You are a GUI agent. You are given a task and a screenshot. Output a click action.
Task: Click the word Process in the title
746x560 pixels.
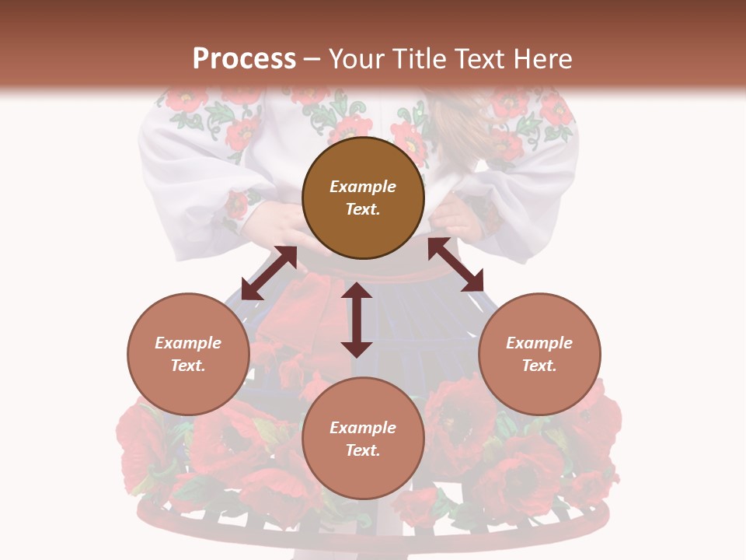[244, 59]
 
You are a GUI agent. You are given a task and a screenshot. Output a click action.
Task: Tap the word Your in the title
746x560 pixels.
[358, 59]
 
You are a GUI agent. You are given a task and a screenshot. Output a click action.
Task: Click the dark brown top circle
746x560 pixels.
[363, 156]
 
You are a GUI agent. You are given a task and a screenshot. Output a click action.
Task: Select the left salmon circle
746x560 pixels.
[188, 389]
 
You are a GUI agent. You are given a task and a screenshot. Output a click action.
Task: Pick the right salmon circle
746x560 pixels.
[539, 389]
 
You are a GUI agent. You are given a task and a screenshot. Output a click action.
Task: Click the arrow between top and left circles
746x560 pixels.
[269, 273]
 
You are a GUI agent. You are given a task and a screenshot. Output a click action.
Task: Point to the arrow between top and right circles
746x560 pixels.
[455, 264]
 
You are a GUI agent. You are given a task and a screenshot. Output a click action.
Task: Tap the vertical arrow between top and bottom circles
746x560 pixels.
[357, 320]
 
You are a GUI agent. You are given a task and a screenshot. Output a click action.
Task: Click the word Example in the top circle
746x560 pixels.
[363, 187]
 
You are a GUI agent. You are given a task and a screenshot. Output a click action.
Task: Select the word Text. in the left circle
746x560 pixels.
[188, 366]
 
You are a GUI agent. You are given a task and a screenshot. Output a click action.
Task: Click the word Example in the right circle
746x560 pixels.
[539, 343]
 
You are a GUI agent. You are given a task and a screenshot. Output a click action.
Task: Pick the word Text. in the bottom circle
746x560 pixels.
[363, 450]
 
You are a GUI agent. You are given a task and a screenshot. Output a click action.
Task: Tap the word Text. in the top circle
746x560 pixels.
[363, 209]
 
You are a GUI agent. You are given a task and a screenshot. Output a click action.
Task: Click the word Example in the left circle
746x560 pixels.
[188, 343]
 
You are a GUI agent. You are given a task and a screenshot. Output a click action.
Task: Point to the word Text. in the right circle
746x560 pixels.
[539, 366]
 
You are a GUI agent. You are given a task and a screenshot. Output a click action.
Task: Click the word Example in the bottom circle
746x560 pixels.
[363, 428]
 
